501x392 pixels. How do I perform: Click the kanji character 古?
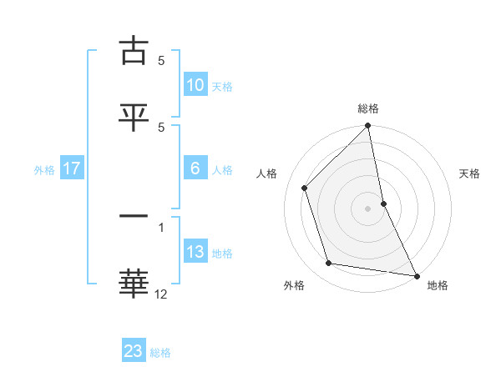(x=134, y=51)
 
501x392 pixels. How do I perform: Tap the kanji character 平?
(x=134, y=116)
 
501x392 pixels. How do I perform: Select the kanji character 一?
(x=134, y=218)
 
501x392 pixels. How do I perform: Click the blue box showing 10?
(x=195, y=85)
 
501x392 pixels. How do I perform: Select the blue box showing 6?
(x=195, y=168)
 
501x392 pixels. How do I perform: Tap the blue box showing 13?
(x=195, y=252)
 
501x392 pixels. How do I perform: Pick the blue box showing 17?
(x=71, y=168)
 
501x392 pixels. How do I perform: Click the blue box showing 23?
(x=134, y=351)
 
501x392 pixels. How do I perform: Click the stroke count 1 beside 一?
(x=161, y=226)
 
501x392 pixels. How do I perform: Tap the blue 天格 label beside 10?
(x=222, y=87)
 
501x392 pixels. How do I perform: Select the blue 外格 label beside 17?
(x=44, y=170)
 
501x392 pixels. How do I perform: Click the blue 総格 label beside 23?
(x=160, y=353)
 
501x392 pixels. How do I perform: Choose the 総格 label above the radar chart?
(x=368, y=108)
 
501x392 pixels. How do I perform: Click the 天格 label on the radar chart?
(x=470, y=173)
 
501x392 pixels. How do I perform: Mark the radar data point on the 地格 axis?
(x=416, y=275)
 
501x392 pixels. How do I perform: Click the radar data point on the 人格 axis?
(x=305, y=188)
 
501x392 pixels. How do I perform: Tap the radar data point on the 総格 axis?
(x=368, y=127)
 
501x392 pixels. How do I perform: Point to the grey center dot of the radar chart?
(x=368, y=208)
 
